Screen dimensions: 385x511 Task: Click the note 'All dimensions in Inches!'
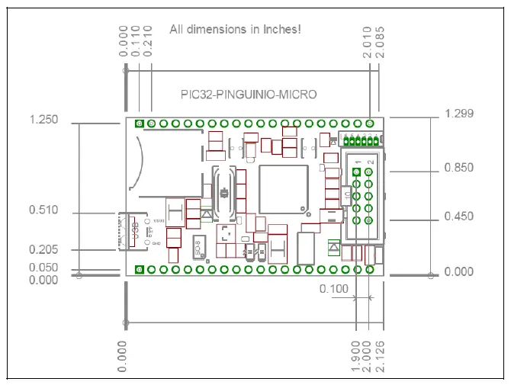(x=235, y=30)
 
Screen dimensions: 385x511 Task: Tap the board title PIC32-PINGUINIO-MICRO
(x=248, y=95)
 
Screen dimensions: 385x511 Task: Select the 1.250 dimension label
(x=43, y=120)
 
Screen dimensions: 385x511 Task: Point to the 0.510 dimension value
(x=43, y=210)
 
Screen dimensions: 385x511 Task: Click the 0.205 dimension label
(x=43, y=249)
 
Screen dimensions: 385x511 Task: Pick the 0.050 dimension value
(x=43, y=268)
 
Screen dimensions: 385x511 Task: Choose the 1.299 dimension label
(x=458, y=114)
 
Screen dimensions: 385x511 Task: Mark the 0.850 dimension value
(x=458, y=168)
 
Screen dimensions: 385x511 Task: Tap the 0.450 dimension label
(x=458, y=217)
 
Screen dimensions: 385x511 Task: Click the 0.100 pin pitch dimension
(x=333, y=289)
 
